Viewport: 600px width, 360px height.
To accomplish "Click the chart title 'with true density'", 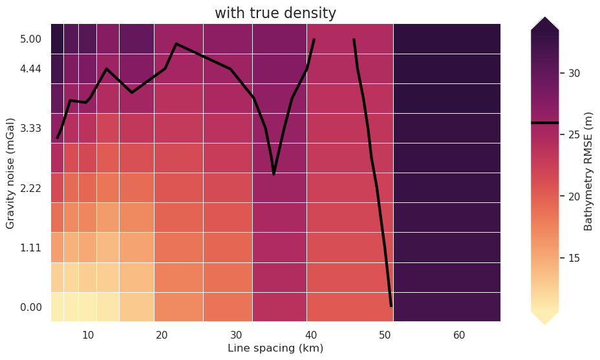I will [x=275, y=13].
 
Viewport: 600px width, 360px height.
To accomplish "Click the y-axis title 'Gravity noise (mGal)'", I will [x=10, y=173].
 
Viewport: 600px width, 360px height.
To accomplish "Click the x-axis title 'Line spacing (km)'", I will [x=275, y=348].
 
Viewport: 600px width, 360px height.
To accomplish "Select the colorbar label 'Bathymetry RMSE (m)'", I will [x=588, y=170].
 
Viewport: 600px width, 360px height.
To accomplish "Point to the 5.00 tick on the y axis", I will [x=30, y=39].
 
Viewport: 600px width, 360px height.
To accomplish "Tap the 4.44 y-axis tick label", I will [x=30, y=69].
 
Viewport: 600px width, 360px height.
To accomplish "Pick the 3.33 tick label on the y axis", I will [x=30, y=129].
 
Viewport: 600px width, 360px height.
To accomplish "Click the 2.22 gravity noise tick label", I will [x=30, y=188].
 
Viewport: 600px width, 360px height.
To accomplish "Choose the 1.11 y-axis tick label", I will [x=30, y=248].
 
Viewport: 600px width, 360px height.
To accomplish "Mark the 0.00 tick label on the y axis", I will [x=30, y=307].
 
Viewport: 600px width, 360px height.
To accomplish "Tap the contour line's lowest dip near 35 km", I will [x=274, y=173].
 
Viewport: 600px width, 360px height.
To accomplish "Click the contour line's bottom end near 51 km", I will [x=391, y=305].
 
